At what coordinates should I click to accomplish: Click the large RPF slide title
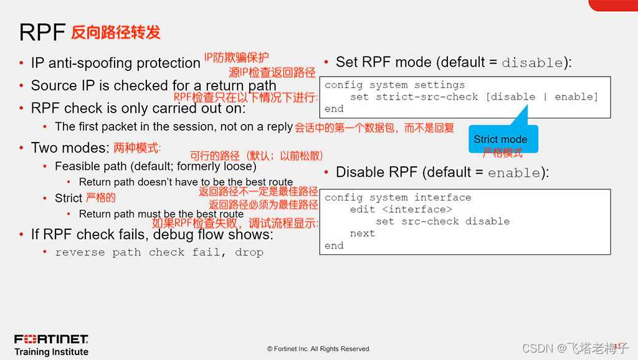coord(42,32)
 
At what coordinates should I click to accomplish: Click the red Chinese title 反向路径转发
coord(116,32)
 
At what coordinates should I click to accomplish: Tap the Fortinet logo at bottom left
coord(51,339)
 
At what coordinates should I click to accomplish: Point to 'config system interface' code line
coord(398,197)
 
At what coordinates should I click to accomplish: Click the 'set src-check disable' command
coord(442,221)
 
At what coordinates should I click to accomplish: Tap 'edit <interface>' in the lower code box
coord(401,209)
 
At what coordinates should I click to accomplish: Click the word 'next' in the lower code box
coord(362,233)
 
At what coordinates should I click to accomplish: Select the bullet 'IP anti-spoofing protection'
coord(115,63)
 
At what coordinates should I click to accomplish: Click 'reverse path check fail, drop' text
coord(159,252)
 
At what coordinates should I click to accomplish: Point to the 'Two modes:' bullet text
coord(70,148)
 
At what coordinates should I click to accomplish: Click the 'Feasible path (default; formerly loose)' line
coord(155,166)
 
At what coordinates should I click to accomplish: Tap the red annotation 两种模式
coord(137,148)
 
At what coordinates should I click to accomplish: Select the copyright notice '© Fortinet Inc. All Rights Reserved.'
coord(318,349)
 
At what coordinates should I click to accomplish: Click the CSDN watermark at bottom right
coord(574,348)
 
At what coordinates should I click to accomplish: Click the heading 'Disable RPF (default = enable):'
coord(442,173)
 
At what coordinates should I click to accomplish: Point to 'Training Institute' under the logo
coord(51,352)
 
